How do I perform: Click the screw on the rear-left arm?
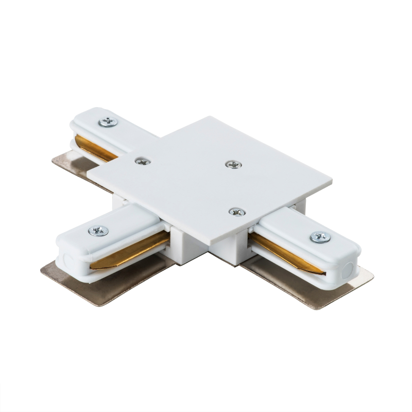point(109,122)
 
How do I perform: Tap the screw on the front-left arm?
point(98,231)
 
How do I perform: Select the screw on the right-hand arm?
point(320,237)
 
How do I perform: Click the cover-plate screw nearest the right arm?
point(236,212)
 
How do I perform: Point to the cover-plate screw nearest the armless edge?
point(233,165)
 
